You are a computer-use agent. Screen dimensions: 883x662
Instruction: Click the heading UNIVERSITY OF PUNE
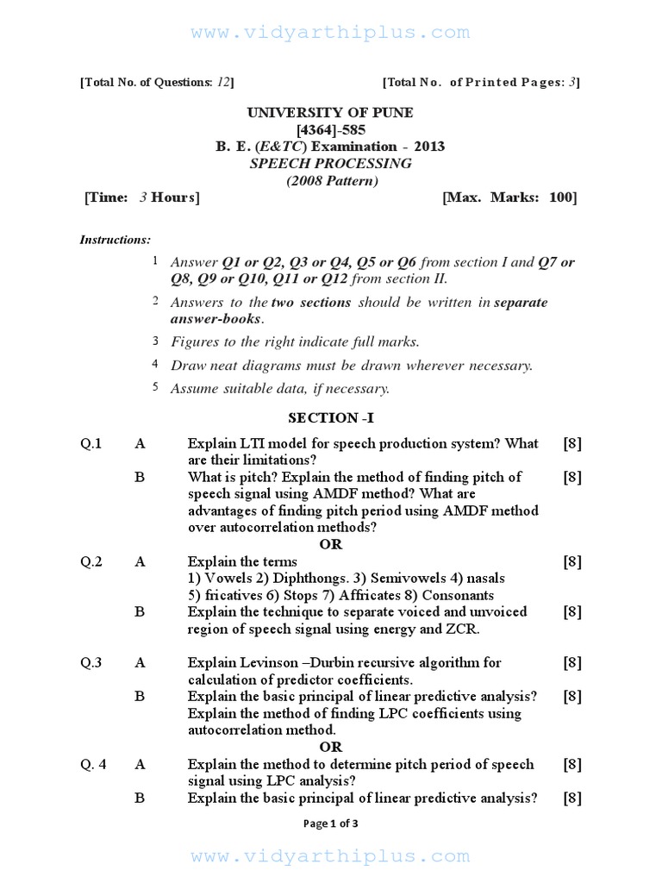[x=330, y=113]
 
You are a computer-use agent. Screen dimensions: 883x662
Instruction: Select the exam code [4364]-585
[x=330, y=129]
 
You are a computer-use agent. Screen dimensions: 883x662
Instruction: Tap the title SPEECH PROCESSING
[x=330, y=163]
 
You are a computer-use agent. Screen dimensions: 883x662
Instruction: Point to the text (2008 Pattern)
[x=332, y=180]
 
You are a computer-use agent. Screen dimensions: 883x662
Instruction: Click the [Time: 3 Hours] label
[x=142, y=197]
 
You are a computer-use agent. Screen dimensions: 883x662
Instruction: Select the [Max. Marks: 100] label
[x=509, y=197]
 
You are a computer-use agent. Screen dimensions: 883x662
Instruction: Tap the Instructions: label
[x=116, y=240]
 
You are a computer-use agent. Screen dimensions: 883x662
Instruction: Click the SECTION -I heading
[x=331, y=418]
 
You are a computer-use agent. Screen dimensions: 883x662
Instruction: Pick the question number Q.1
[x=91, y=443]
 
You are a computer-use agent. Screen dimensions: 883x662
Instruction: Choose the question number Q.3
[x=91, y=662]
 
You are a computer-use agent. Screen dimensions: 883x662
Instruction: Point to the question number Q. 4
[x=93, y=764]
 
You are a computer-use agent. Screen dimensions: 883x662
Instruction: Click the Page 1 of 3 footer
[x=331, y=823]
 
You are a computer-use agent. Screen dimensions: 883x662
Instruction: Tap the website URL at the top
[x=331, y=33]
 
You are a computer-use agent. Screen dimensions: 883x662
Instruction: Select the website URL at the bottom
[x=331, y=856]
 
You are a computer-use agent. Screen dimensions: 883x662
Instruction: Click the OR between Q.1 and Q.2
[x=331, y=544]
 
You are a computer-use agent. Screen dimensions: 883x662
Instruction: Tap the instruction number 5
[x=156, y=386]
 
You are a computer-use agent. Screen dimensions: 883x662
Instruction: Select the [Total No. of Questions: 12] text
[x=157, y=82]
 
